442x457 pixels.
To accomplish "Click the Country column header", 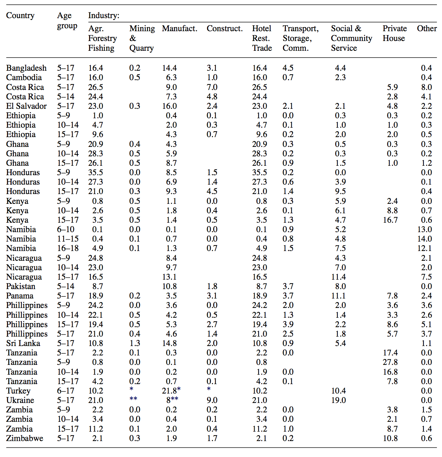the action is click(20, 16).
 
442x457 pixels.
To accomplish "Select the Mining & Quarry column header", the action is click(142, 38).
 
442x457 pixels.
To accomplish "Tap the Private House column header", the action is click(394, 33).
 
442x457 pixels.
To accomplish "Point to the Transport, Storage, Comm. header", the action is click(300, 38).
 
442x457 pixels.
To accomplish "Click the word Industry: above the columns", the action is click(104, 16).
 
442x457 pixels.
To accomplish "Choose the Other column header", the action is click(427, 28).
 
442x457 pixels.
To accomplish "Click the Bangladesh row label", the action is click(27, 68).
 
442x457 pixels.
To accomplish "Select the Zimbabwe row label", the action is click(25, 438).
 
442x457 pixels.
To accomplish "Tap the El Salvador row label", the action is click(27, 106).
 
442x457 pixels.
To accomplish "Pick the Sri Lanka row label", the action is click(23, 343).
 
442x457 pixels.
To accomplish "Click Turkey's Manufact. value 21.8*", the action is click(171, 391).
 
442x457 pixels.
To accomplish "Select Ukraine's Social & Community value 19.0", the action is click(338, 400).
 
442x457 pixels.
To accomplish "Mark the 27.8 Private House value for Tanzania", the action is click(390, 362).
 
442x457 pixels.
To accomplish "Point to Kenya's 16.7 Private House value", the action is click(390, 220).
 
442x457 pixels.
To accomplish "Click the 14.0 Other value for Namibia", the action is click(425, 239).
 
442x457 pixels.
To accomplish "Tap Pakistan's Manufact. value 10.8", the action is click(169, 286).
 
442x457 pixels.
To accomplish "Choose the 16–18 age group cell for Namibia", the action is click(68, 248).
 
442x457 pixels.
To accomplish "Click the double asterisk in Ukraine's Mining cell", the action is click(133, 399).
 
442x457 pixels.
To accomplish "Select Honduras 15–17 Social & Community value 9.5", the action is click(340, 191).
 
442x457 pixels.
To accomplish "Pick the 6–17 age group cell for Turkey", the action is click(66, 391).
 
